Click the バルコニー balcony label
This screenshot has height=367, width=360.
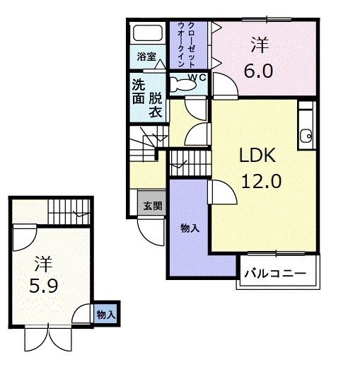coord(276,272)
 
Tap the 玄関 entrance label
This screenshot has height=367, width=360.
coord(152,206)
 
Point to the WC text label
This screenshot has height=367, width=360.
coord(197,78)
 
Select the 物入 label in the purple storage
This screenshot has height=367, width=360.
coord(188,228)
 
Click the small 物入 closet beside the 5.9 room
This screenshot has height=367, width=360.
coord(105,314)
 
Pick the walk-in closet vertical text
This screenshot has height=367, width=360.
coord(188,45)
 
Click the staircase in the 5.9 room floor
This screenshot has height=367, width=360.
coord(69,210)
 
